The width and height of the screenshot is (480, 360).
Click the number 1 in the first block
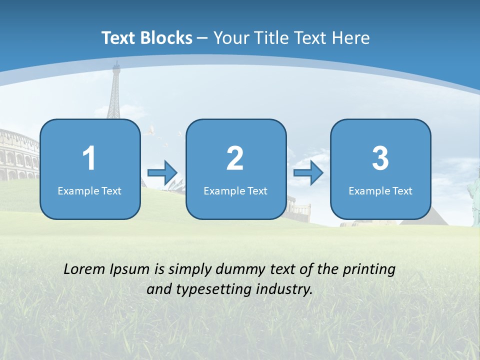tap(89, 158)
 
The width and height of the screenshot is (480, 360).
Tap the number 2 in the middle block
tap(235, 158)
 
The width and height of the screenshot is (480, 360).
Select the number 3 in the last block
tap(380, 158)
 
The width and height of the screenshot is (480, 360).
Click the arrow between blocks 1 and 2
tap(162, 172)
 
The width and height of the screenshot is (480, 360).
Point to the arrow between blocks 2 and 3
tap(308, 172)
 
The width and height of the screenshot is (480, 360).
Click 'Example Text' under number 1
tap(89, 190)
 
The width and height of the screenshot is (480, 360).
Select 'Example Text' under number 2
tap(235, 190)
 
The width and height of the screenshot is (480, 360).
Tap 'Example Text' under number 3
tap(380, 190)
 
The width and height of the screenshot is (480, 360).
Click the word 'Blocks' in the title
tap(165, 38)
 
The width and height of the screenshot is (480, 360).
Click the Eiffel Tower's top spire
tap(116, 65)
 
